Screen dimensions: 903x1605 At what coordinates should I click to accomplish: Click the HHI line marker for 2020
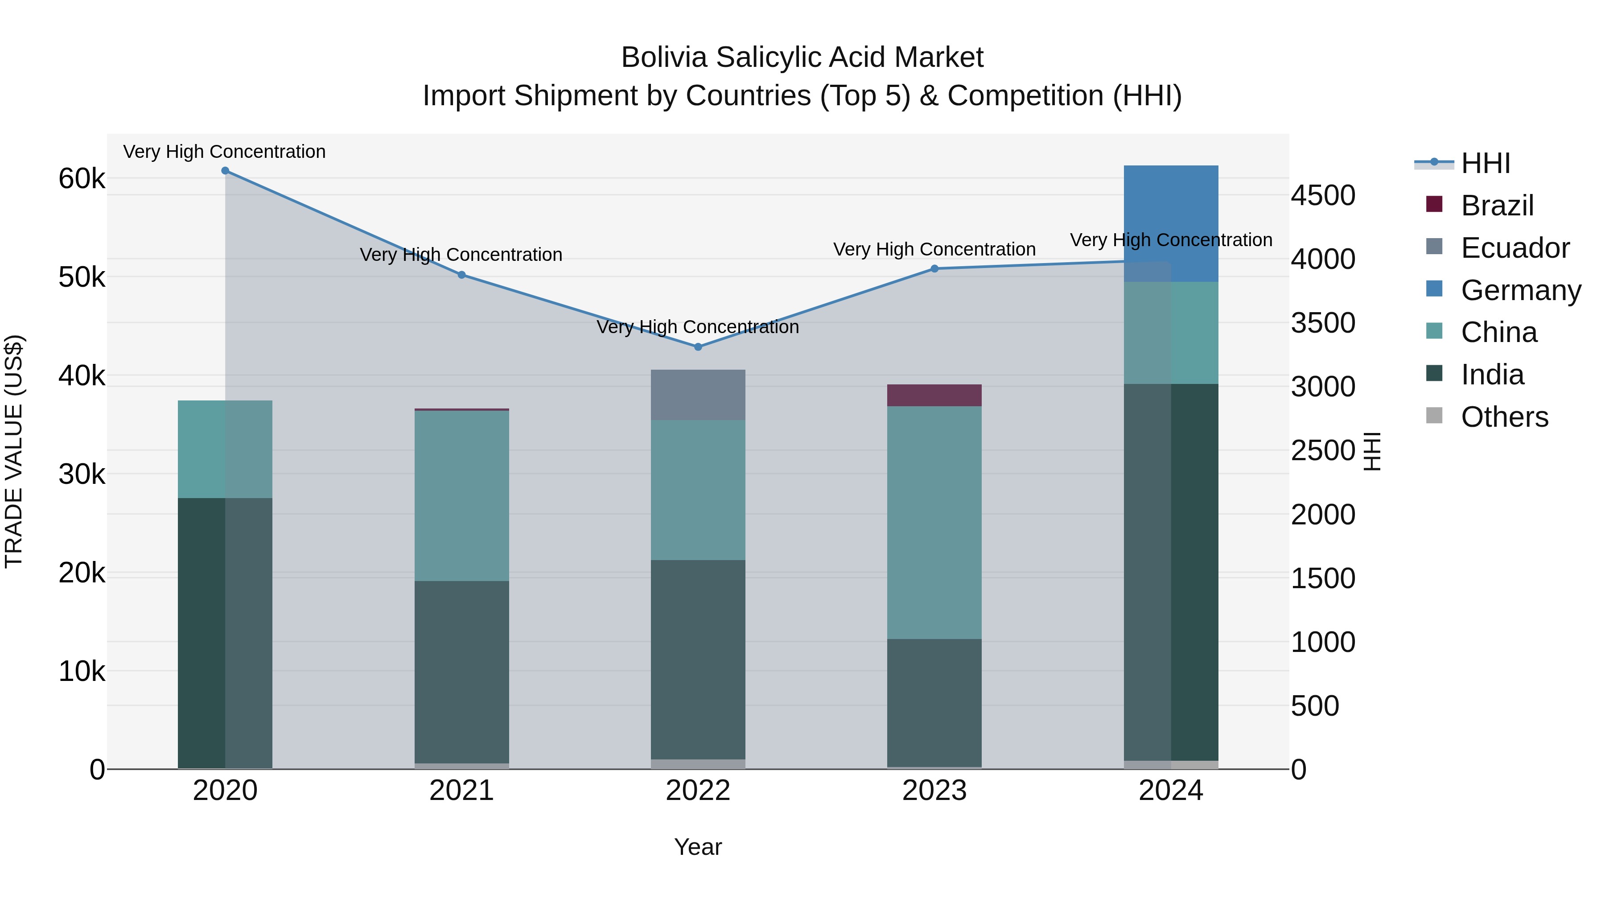(x=225, y=171)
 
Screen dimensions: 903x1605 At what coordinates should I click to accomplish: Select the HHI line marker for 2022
(x=698, y=347)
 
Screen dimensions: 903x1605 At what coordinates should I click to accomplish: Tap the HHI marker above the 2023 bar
(x=934, y=268)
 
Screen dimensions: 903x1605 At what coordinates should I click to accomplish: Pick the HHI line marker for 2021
(x=462, y=275)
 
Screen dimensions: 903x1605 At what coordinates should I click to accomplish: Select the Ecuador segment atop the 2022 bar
(x=698, y=395)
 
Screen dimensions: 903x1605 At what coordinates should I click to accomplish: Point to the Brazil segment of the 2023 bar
(x=934, y=395)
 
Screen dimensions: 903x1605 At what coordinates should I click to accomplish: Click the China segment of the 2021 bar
(x=462, y=495)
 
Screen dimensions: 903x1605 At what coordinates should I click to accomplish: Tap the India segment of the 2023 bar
(x=934, y=702)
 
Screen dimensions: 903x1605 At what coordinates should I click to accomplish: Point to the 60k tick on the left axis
(x=82, y=179)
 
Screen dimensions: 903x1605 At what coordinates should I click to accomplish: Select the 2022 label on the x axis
(x=698, y=791)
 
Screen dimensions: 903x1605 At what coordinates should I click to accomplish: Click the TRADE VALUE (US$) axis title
(x=14, y=451)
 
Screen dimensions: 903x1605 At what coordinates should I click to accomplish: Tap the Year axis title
(x=698, y=847)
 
